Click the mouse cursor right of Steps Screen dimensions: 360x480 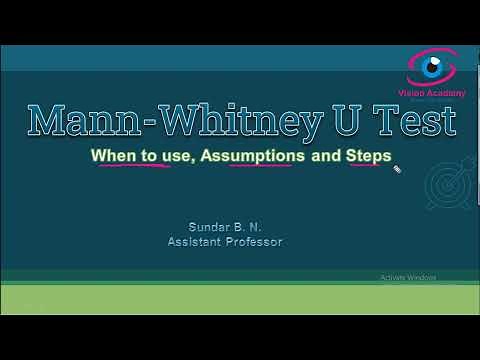pyautogui.click(x=397, y=170)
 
